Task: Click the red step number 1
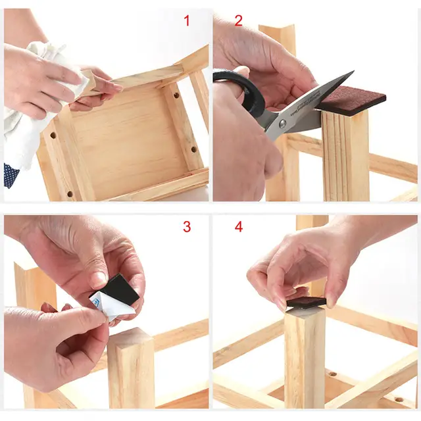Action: click(x=187, y=20)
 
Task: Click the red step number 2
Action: click(x=238, y=20)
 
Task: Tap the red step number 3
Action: click(x=187, y=227)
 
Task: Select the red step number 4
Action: click(x=239, y=227)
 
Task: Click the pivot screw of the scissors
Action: click(x=282, y=123)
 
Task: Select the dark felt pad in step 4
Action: click(x=307, y=303)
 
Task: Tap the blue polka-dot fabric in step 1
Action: click(x=12, y=175)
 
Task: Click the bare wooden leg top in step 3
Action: click(x=131, y=338)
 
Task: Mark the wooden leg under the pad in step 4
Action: click(x=305, y=360)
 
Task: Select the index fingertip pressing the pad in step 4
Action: click(x=282, y=305)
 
